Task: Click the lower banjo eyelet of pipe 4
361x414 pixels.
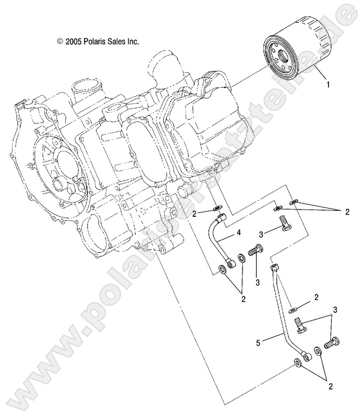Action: [230, 261]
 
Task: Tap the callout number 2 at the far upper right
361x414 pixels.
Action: [346, 212]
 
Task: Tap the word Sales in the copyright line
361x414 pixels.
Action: [124, 42]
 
